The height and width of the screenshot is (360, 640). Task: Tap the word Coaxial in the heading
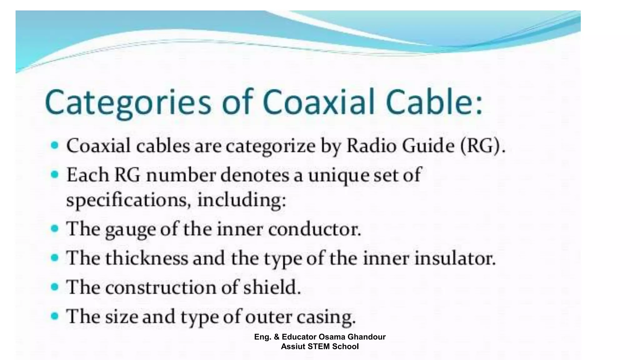[x=318, y=102]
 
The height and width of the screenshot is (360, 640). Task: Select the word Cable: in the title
[x=434, y=102]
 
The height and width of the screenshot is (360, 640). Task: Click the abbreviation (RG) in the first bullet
[x=483, y=146]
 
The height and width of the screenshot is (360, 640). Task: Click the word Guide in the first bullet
[x=428, y=146]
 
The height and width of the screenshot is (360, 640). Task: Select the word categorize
[x=270, y=147]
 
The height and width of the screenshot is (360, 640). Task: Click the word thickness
[x=147, y=258]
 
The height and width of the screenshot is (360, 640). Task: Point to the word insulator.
[x=455, y=258]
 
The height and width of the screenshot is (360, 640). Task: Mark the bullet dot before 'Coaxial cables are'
[x=55, y=145]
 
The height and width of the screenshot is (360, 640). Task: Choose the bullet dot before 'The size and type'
[x=55, y=316]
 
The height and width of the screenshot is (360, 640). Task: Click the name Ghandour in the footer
[x=367, y=337]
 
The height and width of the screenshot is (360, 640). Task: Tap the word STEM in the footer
[x=319, y=347]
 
